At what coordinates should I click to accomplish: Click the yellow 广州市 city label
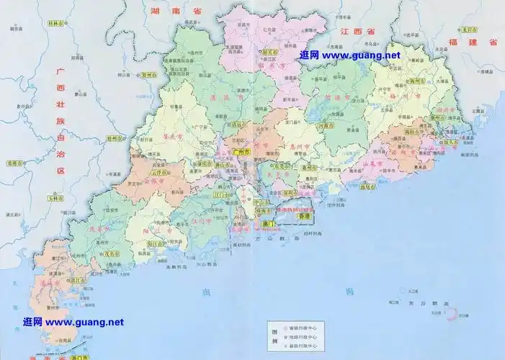click(x=241, y=153)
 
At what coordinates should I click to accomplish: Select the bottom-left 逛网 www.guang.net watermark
click(x=73, y=322)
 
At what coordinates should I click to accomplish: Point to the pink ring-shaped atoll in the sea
click(x=454, y=315)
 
